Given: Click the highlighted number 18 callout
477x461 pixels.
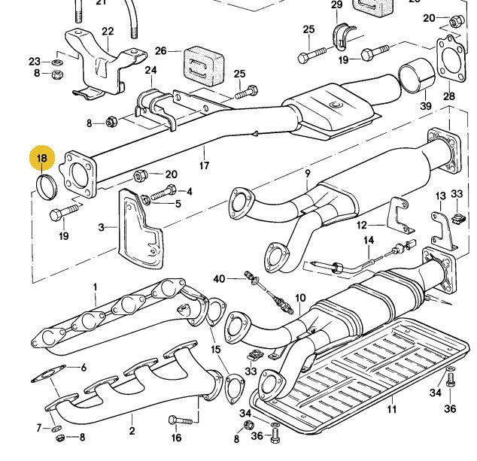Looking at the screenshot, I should pos(42,159).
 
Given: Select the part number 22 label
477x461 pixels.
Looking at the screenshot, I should pos(108,31).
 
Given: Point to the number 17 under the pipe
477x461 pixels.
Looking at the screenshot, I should pos(204,165).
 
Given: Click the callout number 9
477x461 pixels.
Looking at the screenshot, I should pos(308,174).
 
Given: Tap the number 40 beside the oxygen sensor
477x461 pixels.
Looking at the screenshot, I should pos(219,279).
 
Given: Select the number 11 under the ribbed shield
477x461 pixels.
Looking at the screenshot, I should pos(391,410).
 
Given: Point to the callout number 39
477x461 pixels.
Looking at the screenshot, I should pos(427,107).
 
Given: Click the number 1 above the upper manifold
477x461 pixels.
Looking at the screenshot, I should pos(96,287).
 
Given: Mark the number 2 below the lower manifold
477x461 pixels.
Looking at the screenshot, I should pos(132,431).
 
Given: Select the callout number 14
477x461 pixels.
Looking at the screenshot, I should pos(369,241).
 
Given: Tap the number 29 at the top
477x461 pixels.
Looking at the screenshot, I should pos(336,5).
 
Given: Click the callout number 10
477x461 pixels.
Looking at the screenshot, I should pos(300,299).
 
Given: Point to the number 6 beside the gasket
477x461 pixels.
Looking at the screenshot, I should pos(84,368).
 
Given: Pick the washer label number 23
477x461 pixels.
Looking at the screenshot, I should pos(35,61).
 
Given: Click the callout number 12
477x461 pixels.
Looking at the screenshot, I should pos(362,225).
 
